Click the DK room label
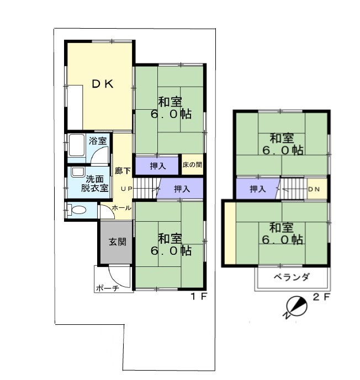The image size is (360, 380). point(103,84)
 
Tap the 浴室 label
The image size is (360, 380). point(98,141)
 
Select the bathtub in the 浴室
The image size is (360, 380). point(76,145)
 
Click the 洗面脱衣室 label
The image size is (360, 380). point(95,184)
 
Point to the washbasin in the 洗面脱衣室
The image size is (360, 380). point(78,172)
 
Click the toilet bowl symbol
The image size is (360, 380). point(78,210)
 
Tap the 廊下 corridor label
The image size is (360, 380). point(123,171)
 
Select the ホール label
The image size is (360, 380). point(122,208)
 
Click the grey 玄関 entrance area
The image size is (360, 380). point(117,242)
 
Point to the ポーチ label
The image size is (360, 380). point(108,288)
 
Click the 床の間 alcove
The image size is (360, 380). point(192,164)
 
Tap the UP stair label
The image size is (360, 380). point(126,189)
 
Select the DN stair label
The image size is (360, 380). point(314,189)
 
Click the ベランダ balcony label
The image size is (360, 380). point(292,276)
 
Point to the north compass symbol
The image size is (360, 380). point(295,307)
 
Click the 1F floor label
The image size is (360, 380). point(199,296)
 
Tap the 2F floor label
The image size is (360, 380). point(321,297)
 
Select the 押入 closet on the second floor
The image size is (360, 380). point(257,189)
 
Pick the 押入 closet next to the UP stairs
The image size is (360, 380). point(181,189)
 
